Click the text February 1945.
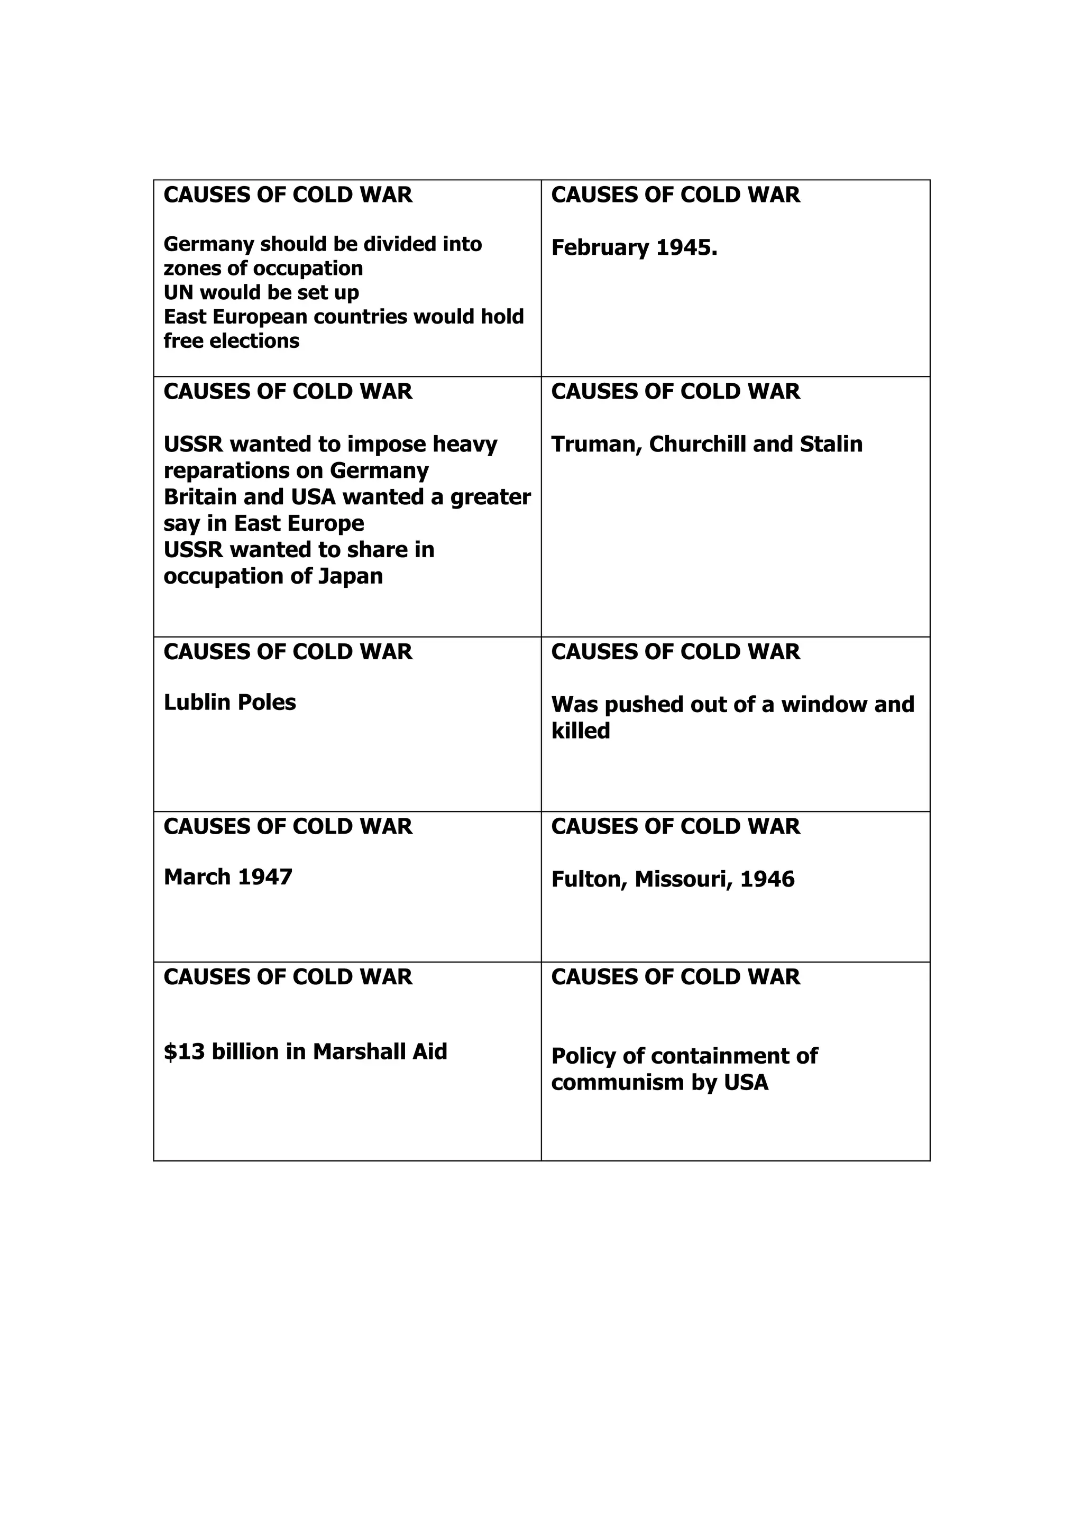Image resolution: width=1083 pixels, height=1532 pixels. (x=634, y=248)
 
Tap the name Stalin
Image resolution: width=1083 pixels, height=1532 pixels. (x=831, y=445)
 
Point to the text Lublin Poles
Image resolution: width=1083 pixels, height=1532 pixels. (x=230, y=702)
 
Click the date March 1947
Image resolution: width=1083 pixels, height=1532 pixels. (x=228, y=877)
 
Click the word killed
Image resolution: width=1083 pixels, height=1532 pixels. (x=581, y=731)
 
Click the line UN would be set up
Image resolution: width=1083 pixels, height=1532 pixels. (x=261, y=292)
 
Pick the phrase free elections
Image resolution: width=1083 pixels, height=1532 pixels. (x=231, y=341)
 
